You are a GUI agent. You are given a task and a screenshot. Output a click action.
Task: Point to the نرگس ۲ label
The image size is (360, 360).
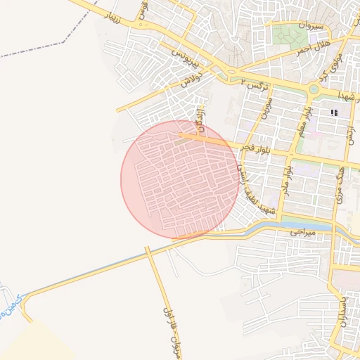(x=255, y=86)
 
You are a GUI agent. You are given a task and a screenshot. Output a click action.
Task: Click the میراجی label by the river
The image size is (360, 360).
(x=304, y=231)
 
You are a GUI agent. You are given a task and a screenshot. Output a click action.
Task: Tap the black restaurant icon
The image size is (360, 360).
(x=334, y=112)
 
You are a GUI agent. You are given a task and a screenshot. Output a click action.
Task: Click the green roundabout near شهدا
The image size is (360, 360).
(x=314, y=90)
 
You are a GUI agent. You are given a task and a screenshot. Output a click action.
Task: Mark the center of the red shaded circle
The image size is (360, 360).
(x=179, y=179)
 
